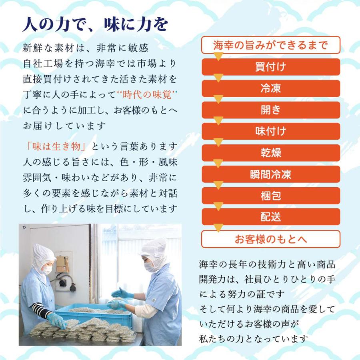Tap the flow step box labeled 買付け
pos(271,67)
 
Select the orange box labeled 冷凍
pos(271,88)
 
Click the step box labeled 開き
pos(271,110)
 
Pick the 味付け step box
pos(271,131)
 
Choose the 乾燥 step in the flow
pos(271,153)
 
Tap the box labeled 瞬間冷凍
pos(271,174)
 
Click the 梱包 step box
pos(271,196)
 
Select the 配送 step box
pos(271,217)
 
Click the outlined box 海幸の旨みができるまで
pos(271,45)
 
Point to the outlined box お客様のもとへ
pos(271,239)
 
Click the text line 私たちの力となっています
pos(254,339)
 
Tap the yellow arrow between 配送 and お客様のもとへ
pos(218,228)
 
